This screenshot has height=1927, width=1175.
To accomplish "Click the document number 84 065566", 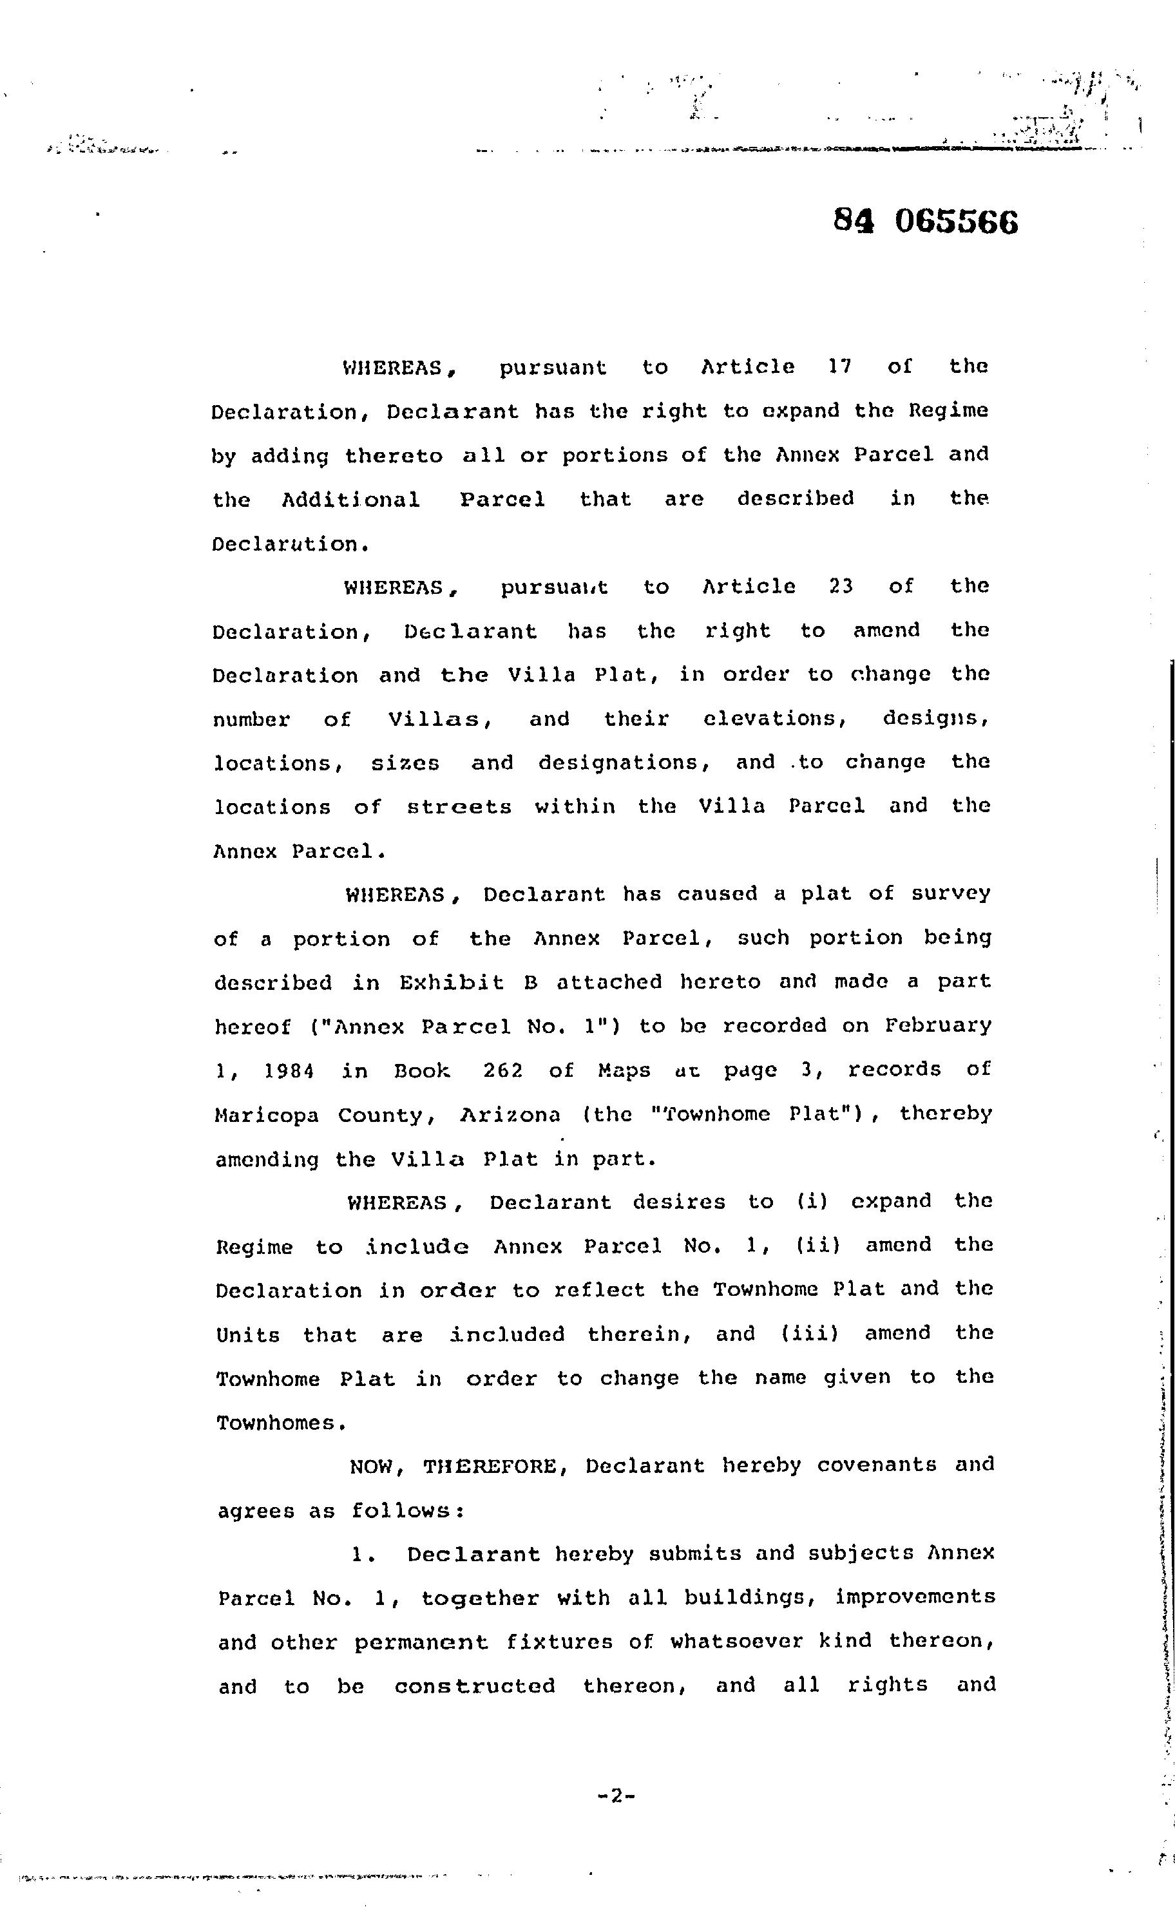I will (926, 222).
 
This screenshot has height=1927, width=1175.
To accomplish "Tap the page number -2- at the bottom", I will (616, 1796).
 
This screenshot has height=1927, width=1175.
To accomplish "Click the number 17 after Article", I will (839, 366).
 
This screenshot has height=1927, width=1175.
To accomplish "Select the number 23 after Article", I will (840, 586).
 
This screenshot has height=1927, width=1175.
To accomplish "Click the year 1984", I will (289, 1070).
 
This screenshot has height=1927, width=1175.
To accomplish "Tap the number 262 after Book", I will (502, 1069).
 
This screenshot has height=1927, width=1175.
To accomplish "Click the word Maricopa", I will (267, 1114).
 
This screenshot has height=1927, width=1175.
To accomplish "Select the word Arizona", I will (510, 1114).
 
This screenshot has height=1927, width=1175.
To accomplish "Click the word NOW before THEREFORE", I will (376, 1466).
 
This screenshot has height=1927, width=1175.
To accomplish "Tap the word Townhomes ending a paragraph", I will (280, 1423).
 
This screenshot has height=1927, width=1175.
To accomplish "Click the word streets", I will (459, 806).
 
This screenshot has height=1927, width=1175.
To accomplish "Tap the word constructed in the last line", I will (474, 1685).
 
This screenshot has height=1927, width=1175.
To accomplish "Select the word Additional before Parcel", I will (350, 499).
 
